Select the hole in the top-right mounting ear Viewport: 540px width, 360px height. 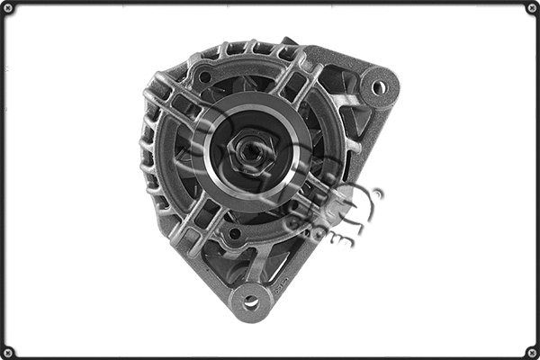point(379,87)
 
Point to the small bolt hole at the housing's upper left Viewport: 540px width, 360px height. point(204,77)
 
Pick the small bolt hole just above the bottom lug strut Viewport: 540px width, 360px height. point(234,233)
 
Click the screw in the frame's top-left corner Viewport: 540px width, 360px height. point(8,8)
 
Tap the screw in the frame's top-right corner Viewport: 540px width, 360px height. point(531,8)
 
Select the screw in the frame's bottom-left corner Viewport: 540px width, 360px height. point(8,351)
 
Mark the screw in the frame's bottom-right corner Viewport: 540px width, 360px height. point(531,351)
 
